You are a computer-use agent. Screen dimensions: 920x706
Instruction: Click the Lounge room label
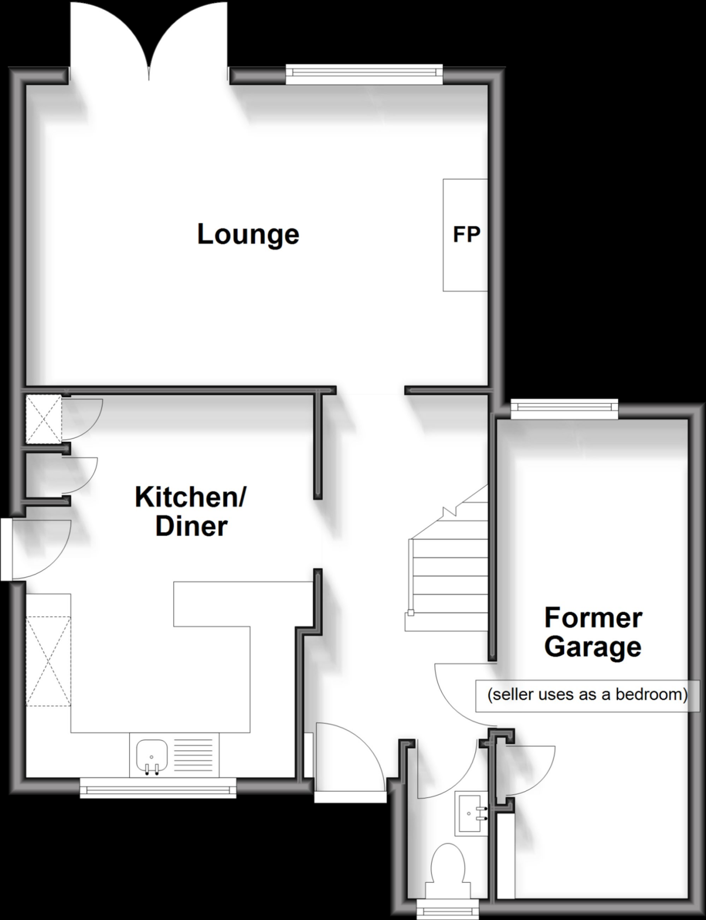[x=248, y=234]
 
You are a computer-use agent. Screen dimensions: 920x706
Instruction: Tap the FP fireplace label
[x=466, y=234]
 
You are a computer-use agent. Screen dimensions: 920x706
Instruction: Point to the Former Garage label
[x=593, y=632]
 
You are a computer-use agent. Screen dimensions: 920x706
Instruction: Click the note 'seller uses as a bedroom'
[x=587, y=695]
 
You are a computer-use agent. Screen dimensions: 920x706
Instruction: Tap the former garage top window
[x=564, y=407]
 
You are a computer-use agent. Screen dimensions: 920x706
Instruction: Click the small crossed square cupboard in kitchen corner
[x=44, y=419]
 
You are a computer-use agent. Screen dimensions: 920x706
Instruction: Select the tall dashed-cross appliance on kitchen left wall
[x=48, y=661]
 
